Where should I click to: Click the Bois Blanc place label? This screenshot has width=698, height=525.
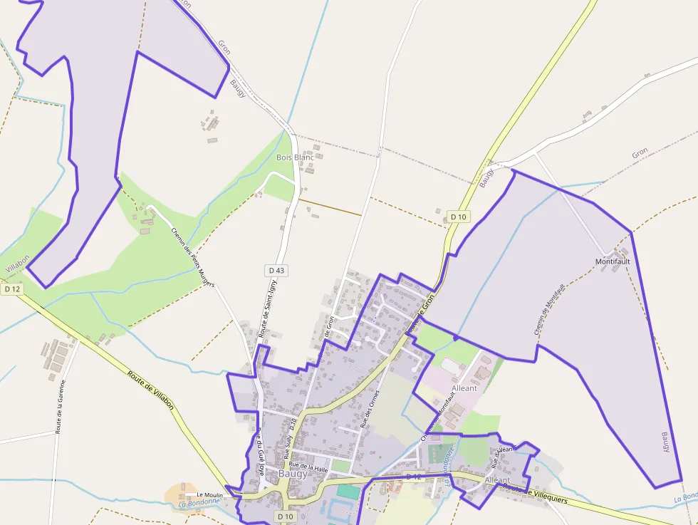pos(295,157)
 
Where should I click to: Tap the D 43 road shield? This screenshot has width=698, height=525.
pos(276,270)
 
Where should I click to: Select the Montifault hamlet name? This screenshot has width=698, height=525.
pos(613,261)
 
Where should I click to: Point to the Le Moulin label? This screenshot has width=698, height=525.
pos(209,494)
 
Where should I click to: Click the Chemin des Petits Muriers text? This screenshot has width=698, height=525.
pos(193,256)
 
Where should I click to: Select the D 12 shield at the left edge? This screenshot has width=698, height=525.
pos(12,289)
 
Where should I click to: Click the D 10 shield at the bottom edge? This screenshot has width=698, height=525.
pos(285,516)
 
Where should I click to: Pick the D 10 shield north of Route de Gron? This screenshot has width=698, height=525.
pos(458,217)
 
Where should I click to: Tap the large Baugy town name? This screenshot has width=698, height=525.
pos(293,474)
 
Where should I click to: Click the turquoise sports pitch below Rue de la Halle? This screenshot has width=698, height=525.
pos(348,492)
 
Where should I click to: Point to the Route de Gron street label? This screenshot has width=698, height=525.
pos(420,317)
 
